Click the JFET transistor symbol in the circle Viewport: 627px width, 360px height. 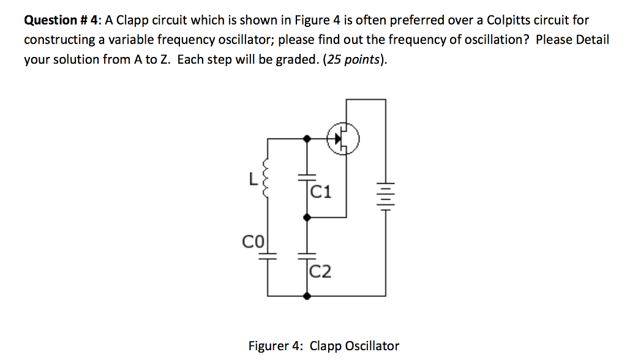(x=344, y=139)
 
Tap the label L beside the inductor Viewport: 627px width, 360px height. (x=252, y=179)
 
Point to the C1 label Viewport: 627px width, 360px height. (x=321, y=193)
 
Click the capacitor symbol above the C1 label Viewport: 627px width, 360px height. (x=306, y=178)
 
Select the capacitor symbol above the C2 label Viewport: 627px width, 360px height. (x=306, y=257)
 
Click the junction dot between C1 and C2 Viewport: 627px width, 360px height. (x=306, y=217)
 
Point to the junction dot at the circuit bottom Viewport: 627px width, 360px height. (x=306, y=296)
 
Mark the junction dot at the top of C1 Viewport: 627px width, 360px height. (x=306, y=139)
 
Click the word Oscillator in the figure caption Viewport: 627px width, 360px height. (x=373, y=345)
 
